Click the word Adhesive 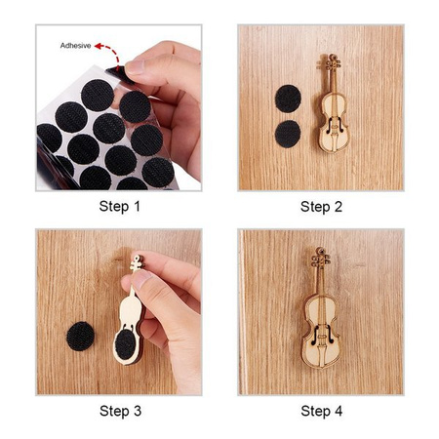(75, 46)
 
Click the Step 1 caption (120, 207)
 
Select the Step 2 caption (321, 207)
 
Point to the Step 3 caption (120, 411)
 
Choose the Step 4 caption (322, 411)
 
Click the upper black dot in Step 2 (288, 99)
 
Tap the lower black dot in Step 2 (288, 134)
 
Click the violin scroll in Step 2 (330, 63)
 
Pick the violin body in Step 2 (334, 125)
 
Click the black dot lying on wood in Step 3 (81, 337)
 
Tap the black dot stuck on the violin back (126, 344)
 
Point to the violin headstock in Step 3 (138, 262)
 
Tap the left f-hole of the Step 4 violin (315, 335)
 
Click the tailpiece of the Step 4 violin (322, 355)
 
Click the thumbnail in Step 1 (134, 66)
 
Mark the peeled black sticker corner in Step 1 (114, 69)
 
